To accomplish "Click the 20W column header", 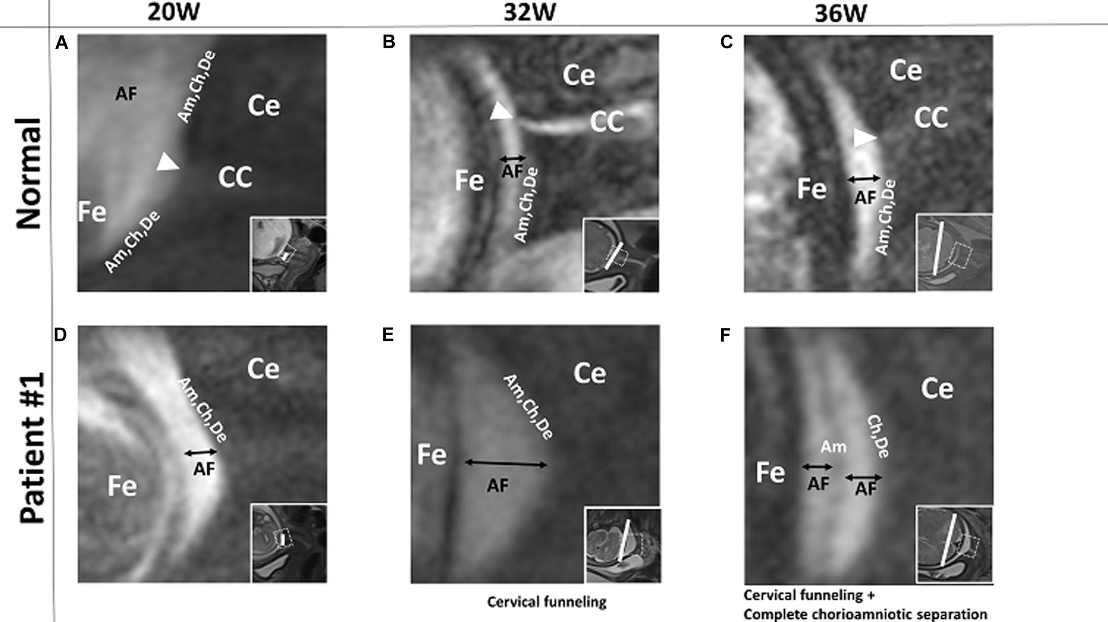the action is (173, 12).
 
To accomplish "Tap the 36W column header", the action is (841, 13).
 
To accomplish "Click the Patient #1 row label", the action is (31, 448).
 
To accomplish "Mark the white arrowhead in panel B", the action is (500, 111).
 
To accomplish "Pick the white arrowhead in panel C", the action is (864, 137).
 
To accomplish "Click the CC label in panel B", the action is (606, 122).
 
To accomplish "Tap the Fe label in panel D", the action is (122, 486).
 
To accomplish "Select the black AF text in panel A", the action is (126, 94).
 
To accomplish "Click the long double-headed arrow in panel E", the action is (506, 464).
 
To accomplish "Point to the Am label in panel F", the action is (833, 447).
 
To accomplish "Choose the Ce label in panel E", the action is (589, 374).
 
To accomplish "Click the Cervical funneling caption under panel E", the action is (547, 602).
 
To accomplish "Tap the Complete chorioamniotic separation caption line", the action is (865, 614).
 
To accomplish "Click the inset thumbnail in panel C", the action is (954, 253).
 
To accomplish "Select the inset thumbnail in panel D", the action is (289, 543).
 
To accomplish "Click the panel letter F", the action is (725, 336).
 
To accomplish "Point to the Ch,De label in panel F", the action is (878, 436).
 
